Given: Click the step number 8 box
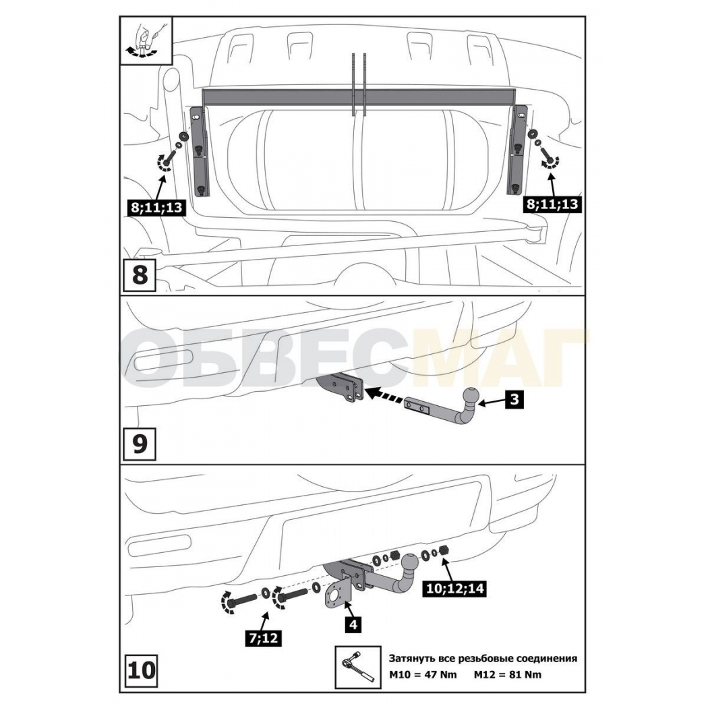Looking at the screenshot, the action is click(140, 274).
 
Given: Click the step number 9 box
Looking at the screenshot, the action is click(140, 444).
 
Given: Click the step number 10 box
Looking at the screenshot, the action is click(141, 670).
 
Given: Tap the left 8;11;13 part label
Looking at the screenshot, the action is click(157, 207).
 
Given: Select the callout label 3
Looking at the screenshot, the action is click(514, 400).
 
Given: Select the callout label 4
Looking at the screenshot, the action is click(353, 625).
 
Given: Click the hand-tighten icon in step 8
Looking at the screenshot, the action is click(146, 41).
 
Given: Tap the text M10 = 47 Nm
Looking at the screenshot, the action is click(423, 674).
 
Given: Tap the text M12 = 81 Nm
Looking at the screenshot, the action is click(508, 674).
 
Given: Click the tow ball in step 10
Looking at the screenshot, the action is click(411, 563).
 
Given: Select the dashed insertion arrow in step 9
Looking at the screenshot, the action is click(384, 396).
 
